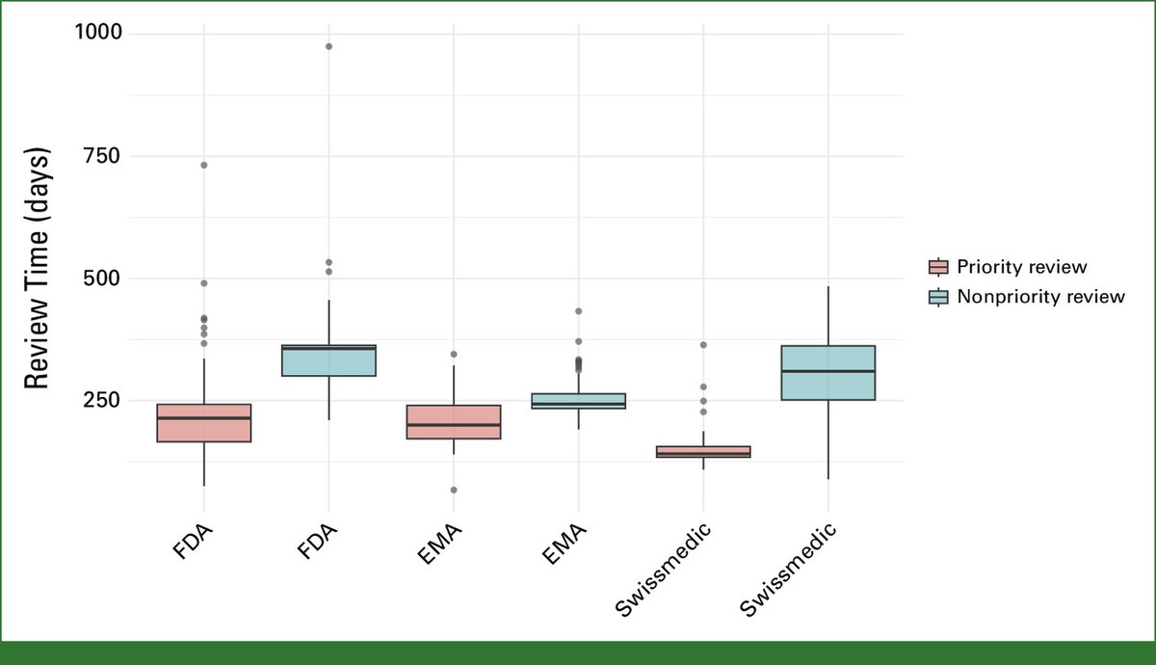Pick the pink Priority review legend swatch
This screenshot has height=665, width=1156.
tap(937, 267)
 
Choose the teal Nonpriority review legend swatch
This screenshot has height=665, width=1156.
tap(937, 297)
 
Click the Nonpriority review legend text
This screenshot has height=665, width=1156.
tap(1040, 297)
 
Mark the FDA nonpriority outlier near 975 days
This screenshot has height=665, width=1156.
tap(328, 46)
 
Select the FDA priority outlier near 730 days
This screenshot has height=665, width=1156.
tap(204, 165)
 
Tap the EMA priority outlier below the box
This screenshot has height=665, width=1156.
tap(454, 490)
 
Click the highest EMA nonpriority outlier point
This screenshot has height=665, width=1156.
tap(578, 311)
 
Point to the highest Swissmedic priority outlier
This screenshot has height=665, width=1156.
tap(703, 345)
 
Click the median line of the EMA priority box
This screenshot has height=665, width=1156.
tap(454, 425)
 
